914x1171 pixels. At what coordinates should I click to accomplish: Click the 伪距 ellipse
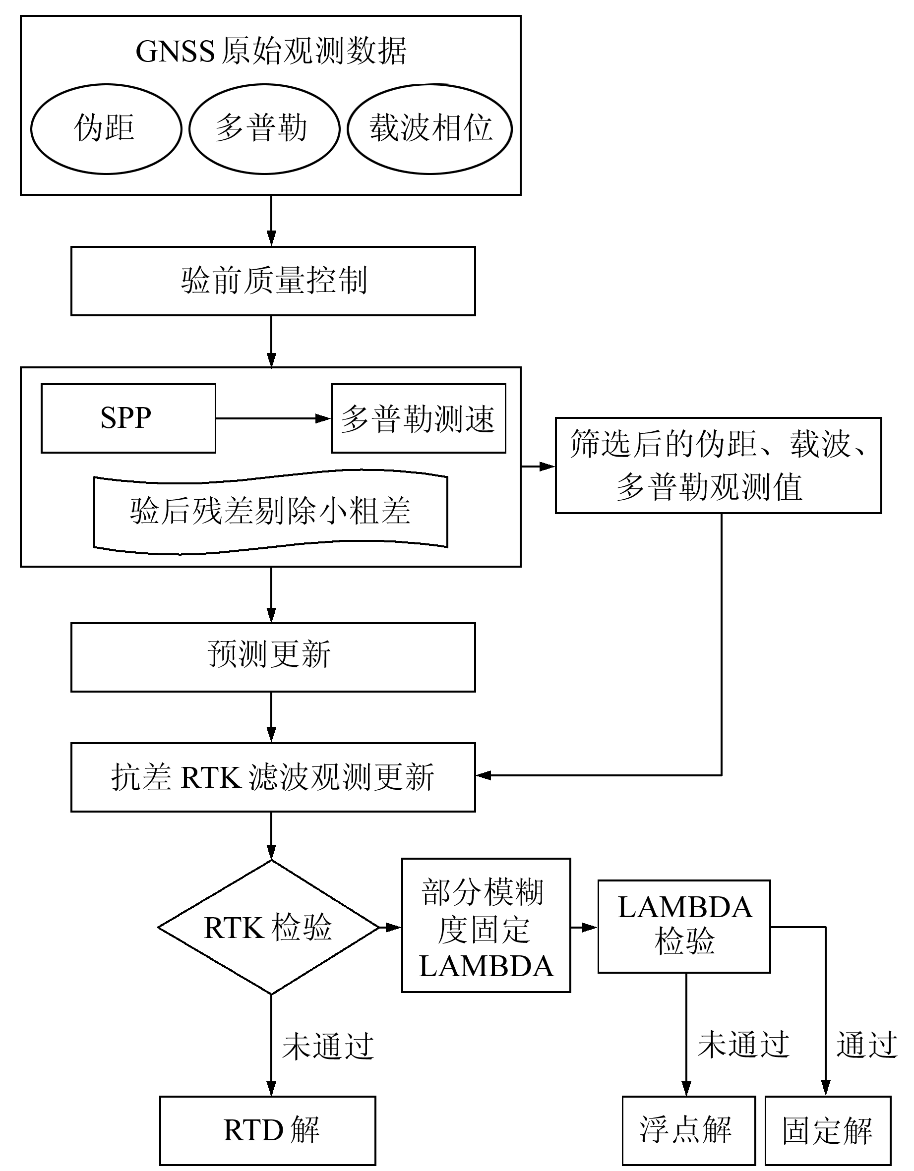click(106, 129)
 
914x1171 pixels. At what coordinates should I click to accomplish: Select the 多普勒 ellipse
click(264, 129)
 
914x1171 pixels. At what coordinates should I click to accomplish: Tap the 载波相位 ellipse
click(429, 129)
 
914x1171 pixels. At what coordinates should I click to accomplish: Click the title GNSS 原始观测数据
click(271, 52)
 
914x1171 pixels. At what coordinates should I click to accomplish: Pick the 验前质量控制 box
click(273, 281)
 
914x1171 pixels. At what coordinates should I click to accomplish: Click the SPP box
click(128, 418)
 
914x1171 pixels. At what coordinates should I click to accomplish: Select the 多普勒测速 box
click(419, 418)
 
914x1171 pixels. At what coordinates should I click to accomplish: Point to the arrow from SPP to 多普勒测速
click(272, 418)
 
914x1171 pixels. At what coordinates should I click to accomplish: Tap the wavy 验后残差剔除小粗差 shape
click(270, 512)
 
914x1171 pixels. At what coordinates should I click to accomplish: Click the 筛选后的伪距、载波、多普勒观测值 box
click(718, 466)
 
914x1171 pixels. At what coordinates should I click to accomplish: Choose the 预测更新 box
click(273, 657)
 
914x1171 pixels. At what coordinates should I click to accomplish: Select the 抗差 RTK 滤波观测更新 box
click(273, 777)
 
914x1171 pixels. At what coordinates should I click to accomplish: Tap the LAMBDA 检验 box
click(684, 926)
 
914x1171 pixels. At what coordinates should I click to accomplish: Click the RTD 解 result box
click(268, 1130)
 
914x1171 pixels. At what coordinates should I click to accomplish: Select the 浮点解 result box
click(689, 1130)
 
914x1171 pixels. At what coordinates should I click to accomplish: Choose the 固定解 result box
click(828, 1130)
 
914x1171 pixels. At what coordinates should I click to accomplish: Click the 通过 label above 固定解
click(867, 1044)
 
